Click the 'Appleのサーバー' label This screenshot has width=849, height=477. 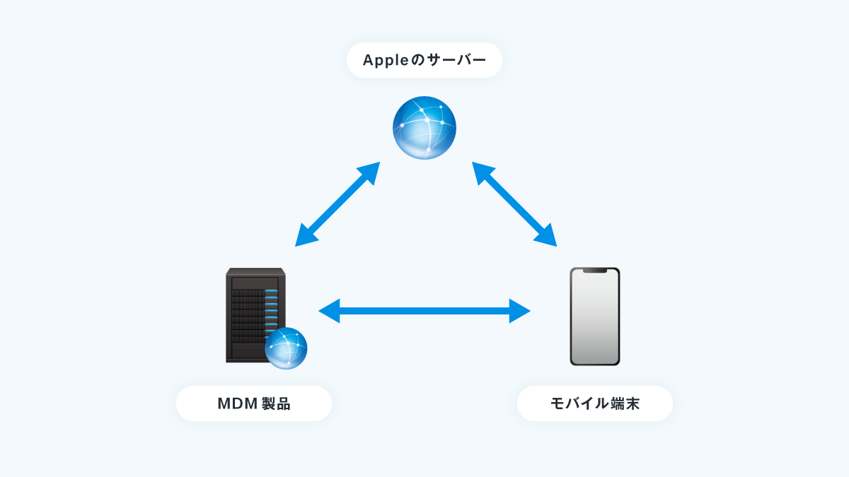424,60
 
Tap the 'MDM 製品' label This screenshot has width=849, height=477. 254,404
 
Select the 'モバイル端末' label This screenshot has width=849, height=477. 595,404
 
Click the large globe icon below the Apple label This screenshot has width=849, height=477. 424,128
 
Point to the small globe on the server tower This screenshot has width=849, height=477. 286,348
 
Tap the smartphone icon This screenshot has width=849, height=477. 595,317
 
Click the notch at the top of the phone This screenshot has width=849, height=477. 595,271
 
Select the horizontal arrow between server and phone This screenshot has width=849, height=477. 424,311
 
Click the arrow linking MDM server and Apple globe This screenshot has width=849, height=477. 337,204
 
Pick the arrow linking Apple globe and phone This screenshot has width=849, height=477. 514,204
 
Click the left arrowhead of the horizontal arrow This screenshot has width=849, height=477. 329,311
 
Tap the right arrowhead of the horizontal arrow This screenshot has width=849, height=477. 520,311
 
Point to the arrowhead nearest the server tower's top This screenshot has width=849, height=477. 305,237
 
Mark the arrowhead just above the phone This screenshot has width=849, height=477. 546,237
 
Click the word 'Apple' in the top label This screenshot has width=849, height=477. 386,61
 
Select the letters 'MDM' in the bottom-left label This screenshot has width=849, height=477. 238,404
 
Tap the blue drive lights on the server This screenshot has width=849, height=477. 272,310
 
